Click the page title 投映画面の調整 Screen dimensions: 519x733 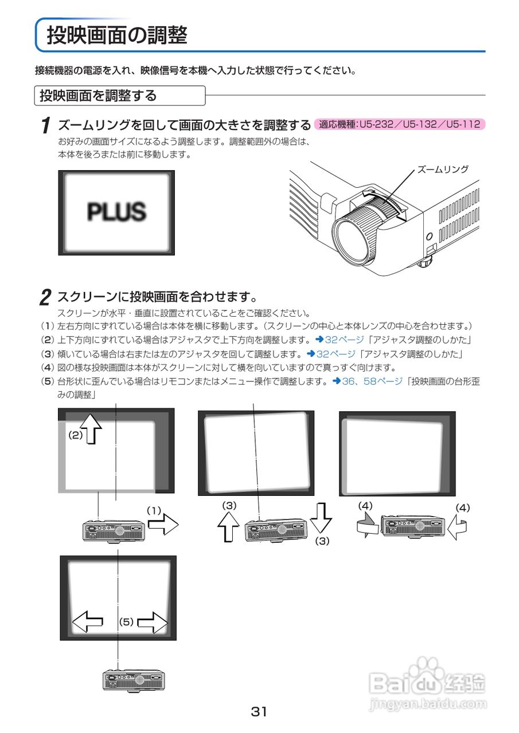(x=117, y=36)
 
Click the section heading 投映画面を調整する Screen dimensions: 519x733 (x=98, y=96)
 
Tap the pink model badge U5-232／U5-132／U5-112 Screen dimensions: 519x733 (x=400, y=124)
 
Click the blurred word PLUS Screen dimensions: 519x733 (x=116, y=212)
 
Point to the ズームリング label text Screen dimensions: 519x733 (x=442, y=170)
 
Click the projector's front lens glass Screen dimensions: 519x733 (x=350, y=239)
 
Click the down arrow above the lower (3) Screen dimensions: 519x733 (x=322, y=518)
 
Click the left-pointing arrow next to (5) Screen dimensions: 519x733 (x=88, y=621)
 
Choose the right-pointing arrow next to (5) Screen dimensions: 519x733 (x=152, y=622)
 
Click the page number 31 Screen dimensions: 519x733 (x=259, y=712)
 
